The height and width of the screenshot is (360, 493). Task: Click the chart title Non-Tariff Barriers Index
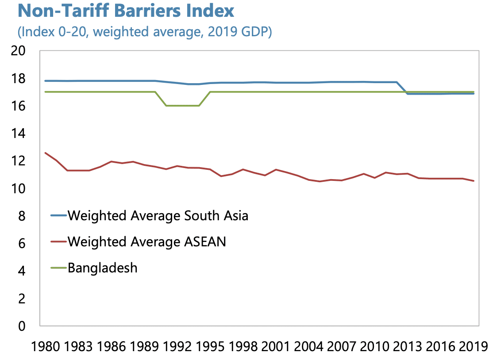coord(126,11)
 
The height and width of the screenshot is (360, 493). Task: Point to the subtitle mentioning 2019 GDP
coord(144,32)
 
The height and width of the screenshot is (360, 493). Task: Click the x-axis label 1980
coord(46,345)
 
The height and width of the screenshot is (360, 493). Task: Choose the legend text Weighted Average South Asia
coord(158,216)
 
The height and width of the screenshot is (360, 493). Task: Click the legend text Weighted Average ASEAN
coord(146,241)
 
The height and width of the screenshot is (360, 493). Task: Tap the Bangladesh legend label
coord(103,268)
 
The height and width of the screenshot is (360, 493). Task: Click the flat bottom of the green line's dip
coord(182,106)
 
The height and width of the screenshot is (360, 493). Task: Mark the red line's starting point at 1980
coord(45,153)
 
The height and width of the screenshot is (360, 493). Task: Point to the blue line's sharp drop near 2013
coord(402,88)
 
